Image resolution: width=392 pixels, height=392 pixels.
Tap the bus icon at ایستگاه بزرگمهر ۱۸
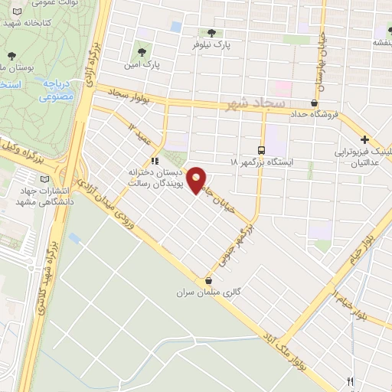[x=263, y=150]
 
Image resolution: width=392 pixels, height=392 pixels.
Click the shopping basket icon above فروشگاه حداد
[x=315, y=102]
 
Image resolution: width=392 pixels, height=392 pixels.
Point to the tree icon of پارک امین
[x=141, y=53]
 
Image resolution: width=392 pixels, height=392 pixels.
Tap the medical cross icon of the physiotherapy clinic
[x=365, y=140]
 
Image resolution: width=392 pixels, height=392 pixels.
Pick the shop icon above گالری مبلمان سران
[x=208, y=281]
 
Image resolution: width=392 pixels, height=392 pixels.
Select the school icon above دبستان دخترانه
[x=155, y=162]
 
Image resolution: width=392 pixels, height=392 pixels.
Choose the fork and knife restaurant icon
[x=351, y=381]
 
